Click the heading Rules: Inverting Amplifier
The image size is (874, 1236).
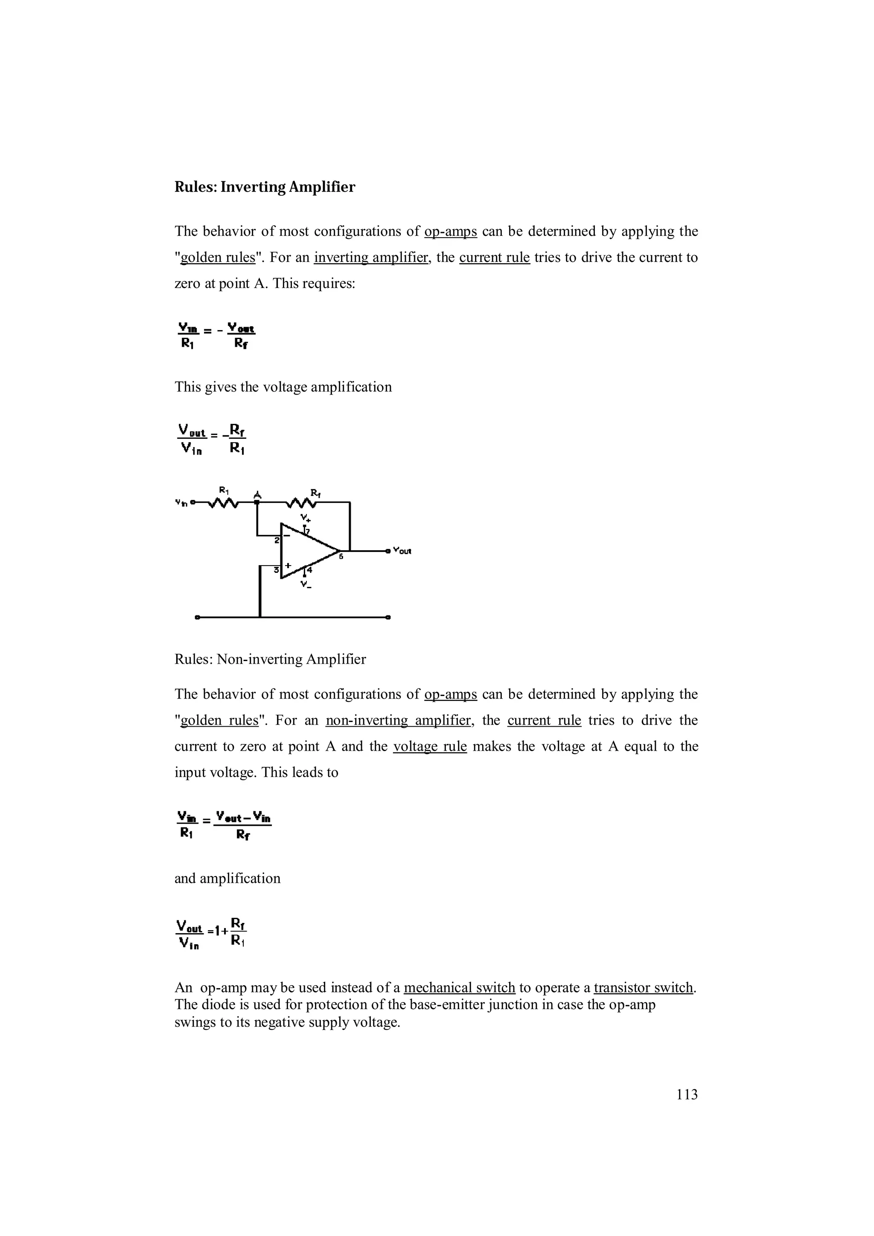tap(265, 187)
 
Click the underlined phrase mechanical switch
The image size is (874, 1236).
tap(459, 987)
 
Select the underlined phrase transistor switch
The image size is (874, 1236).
tap(644, 987)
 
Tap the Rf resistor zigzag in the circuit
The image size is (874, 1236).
tap(302, 503)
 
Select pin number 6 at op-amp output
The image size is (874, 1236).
tap(341, 557)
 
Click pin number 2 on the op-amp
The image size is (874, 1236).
tap(276, 540)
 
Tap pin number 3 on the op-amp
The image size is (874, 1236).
tap(276, 569)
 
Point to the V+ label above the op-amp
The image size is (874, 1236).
tap(305, 518)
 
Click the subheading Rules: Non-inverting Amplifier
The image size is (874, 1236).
tap(270, 659)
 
